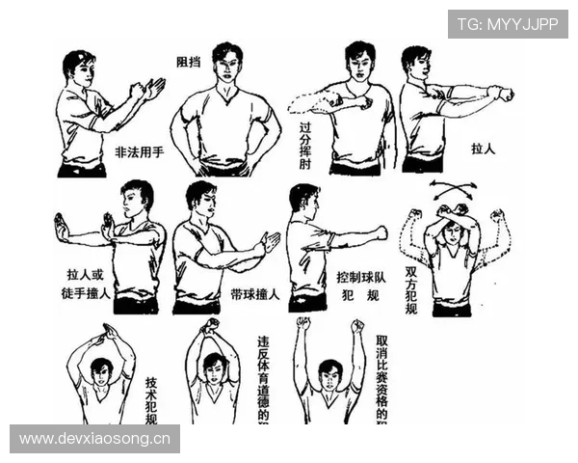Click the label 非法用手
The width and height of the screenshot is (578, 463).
point(141,152)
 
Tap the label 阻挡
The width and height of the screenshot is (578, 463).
point(189,61)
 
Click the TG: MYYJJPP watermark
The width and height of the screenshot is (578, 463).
point(508,23)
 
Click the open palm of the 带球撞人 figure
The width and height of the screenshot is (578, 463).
point(271,242)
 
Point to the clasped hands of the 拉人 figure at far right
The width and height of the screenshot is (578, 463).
point(502,94)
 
